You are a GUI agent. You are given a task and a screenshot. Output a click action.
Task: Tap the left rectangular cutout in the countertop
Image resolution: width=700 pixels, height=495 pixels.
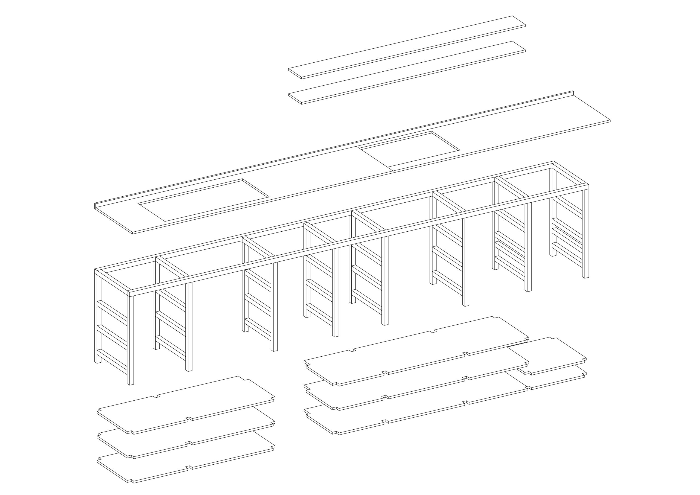(x=204, y=200)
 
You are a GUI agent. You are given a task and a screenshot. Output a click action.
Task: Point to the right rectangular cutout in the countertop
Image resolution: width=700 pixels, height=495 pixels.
(x=409, y=149)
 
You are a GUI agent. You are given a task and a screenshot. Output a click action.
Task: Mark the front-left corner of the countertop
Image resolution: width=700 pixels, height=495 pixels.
(x=133, y=233)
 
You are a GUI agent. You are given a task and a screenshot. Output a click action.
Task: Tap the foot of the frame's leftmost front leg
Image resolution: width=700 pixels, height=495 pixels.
(x=130, y=383)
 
